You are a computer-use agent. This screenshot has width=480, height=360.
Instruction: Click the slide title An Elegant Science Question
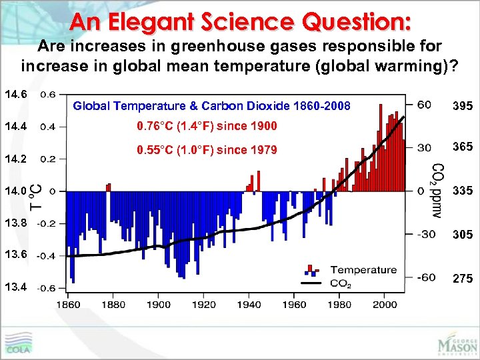pyautogui.click(x=239, y=21)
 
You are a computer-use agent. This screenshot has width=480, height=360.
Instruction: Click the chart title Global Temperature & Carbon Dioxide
pyautogui.click(x=211, y=105)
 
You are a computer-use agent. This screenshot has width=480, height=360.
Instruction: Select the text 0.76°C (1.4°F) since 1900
pyautogui.click(x=206, y=127)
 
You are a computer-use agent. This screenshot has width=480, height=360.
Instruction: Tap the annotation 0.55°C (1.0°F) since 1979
pyautogui.click(x=206, y=150)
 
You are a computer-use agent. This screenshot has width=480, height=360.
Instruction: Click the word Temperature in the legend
pyautogui.click(x=363, y=270)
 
